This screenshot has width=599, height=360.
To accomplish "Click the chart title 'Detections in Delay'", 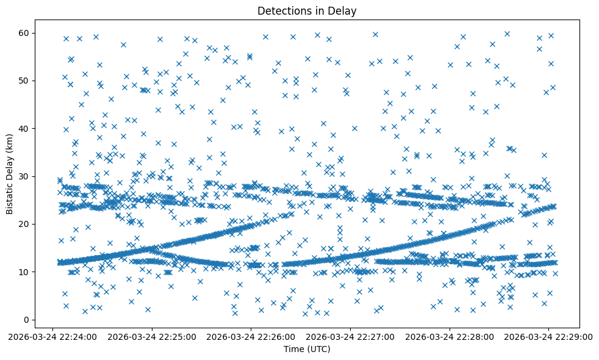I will tap(307, 10).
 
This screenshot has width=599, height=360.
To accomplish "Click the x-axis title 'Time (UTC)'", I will tap(307, 349).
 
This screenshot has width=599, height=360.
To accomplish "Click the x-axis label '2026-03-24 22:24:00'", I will tap(52, 336).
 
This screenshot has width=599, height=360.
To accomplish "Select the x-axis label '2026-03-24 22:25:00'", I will tap(152, 336).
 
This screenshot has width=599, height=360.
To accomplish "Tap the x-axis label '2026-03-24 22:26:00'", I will tap(251, 336).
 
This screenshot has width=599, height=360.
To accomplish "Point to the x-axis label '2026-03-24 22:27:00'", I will tap(351, 336).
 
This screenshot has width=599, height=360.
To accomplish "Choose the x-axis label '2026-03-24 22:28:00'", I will tap(450, 336).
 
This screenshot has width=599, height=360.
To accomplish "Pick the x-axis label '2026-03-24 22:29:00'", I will tap(550, 336).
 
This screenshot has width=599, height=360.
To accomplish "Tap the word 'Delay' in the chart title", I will tap(343, 10).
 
